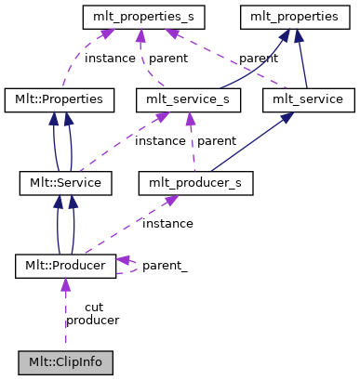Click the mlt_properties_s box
143,16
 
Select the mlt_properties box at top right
287,16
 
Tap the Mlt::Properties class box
60,98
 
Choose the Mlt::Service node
66,182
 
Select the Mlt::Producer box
66,266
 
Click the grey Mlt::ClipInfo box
65,361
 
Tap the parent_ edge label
165,266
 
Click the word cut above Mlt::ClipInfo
93,307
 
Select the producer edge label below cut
92,320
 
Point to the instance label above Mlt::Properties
110,58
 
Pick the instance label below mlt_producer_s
167,223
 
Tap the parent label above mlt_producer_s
216,140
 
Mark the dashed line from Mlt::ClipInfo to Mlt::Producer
65,316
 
